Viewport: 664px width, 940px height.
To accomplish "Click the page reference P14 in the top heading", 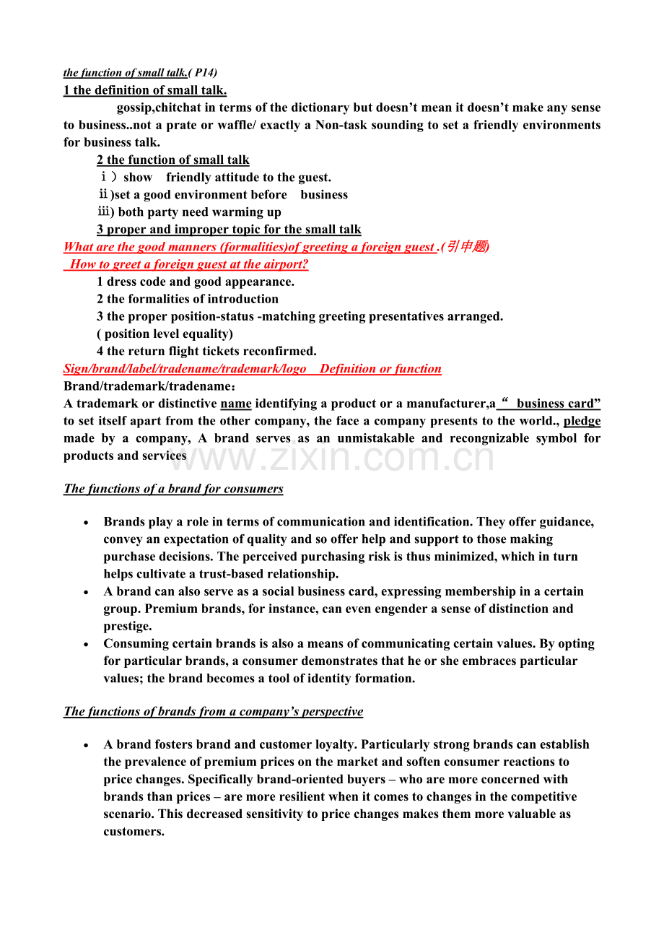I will click(205, 72).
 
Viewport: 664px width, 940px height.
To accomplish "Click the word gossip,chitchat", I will click(157, 108).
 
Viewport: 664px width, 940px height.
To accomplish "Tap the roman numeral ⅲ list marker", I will click(105, 212).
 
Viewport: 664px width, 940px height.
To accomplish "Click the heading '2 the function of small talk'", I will click(173, 160).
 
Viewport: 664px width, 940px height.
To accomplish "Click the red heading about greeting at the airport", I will click(189, 264).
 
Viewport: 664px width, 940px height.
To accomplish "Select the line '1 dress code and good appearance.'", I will click(196, 282).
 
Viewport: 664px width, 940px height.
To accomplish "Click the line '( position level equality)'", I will click(165, 334).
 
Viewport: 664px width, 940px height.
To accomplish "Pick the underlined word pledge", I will click(582, 421).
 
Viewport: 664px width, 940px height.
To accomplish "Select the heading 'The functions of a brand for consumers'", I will click(173, 489).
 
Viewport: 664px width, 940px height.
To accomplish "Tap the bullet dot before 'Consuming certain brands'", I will click(87, 644).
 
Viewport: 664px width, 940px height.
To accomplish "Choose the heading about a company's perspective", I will click(214, 711).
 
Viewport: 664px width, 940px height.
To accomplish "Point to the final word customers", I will click(132, 831).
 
